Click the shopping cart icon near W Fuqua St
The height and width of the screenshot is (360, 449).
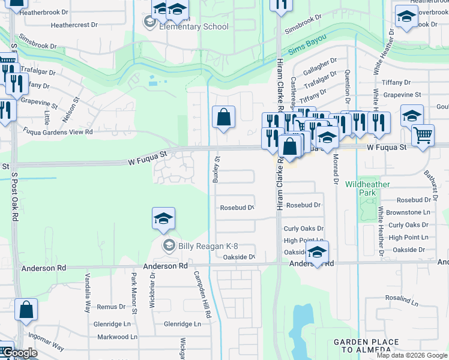click(x=423, y=136)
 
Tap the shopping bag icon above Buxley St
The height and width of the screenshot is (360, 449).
click(x=223, y=117)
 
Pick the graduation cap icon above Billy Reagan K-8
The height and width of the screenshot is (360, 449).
click(x=163, y=220)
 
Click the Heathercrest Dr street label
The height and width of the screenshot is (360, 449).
click(x=74, y=25)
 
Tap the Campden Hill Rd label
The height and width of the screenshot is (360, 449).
click(x=202, y=294)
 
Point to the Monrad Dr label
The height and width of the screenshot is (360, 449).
click(x=335, y=171)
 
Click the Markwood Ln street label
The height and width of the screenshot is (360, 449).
click(x=117, y=337)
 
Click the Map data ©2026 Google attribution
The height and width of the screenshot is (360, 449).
click(x=412, y=355)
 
